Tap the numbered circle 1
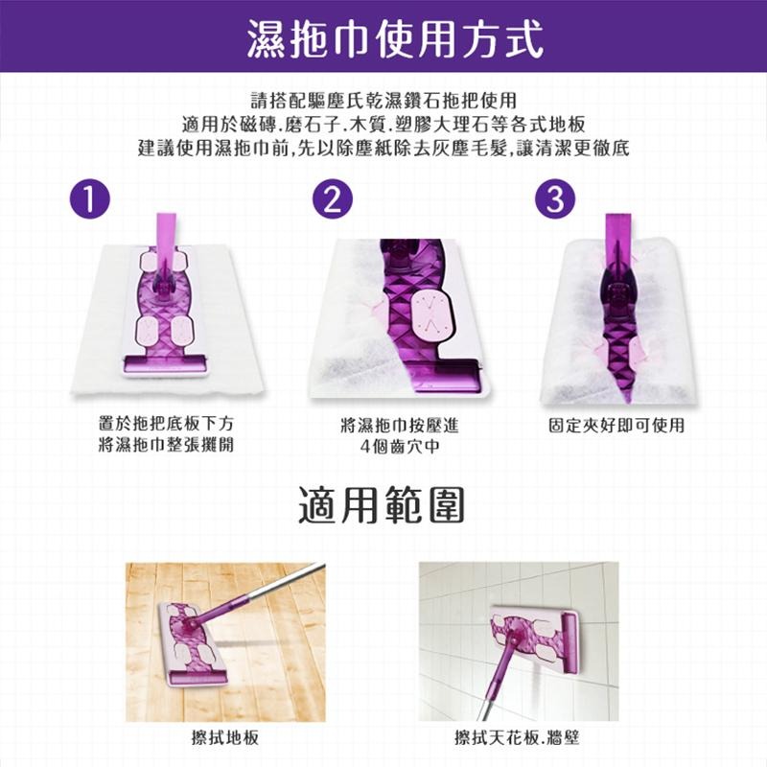pos(88,198)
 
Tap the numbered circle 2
pos(333,198)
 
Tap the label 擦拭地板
pos(222,738)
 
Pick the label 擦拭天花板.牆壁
pos(518,738)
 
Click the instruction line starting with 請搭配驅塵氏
pos(383,100)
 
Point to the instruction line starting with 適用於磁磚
pos(383,125)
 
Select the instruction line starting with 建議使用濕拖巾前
pos(383,150)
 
